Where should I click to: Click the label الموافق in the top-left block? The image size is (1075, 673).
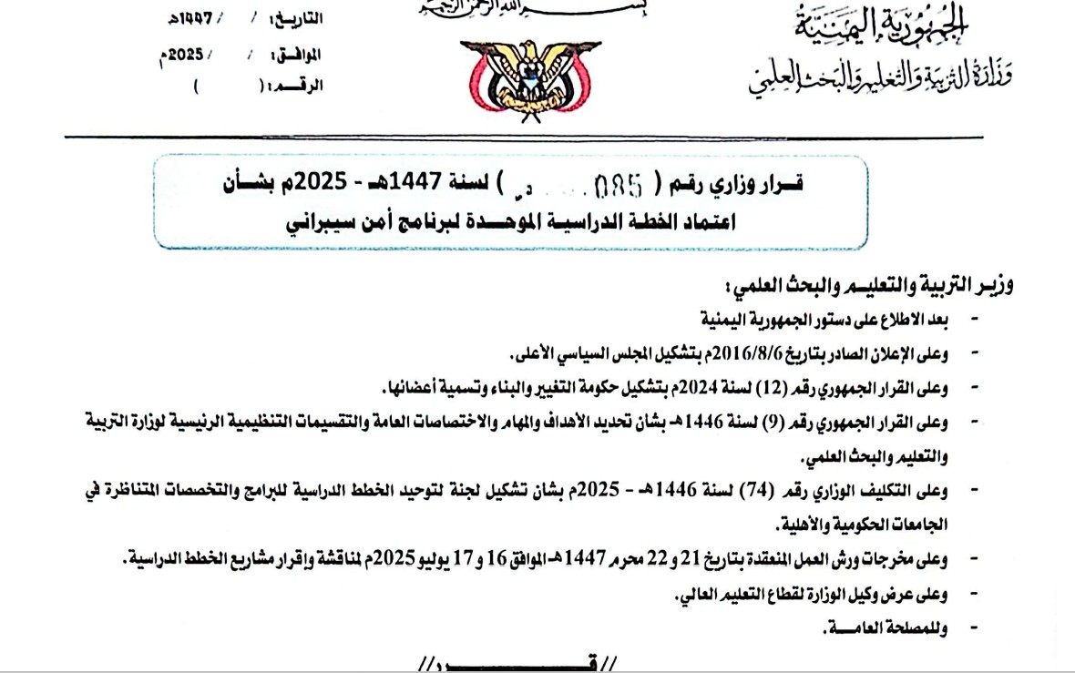pyautogui.click(x=296, y=55)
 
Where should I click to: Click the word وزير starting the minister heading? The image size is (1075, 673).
pyautogui.click(x=994, y=287)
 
